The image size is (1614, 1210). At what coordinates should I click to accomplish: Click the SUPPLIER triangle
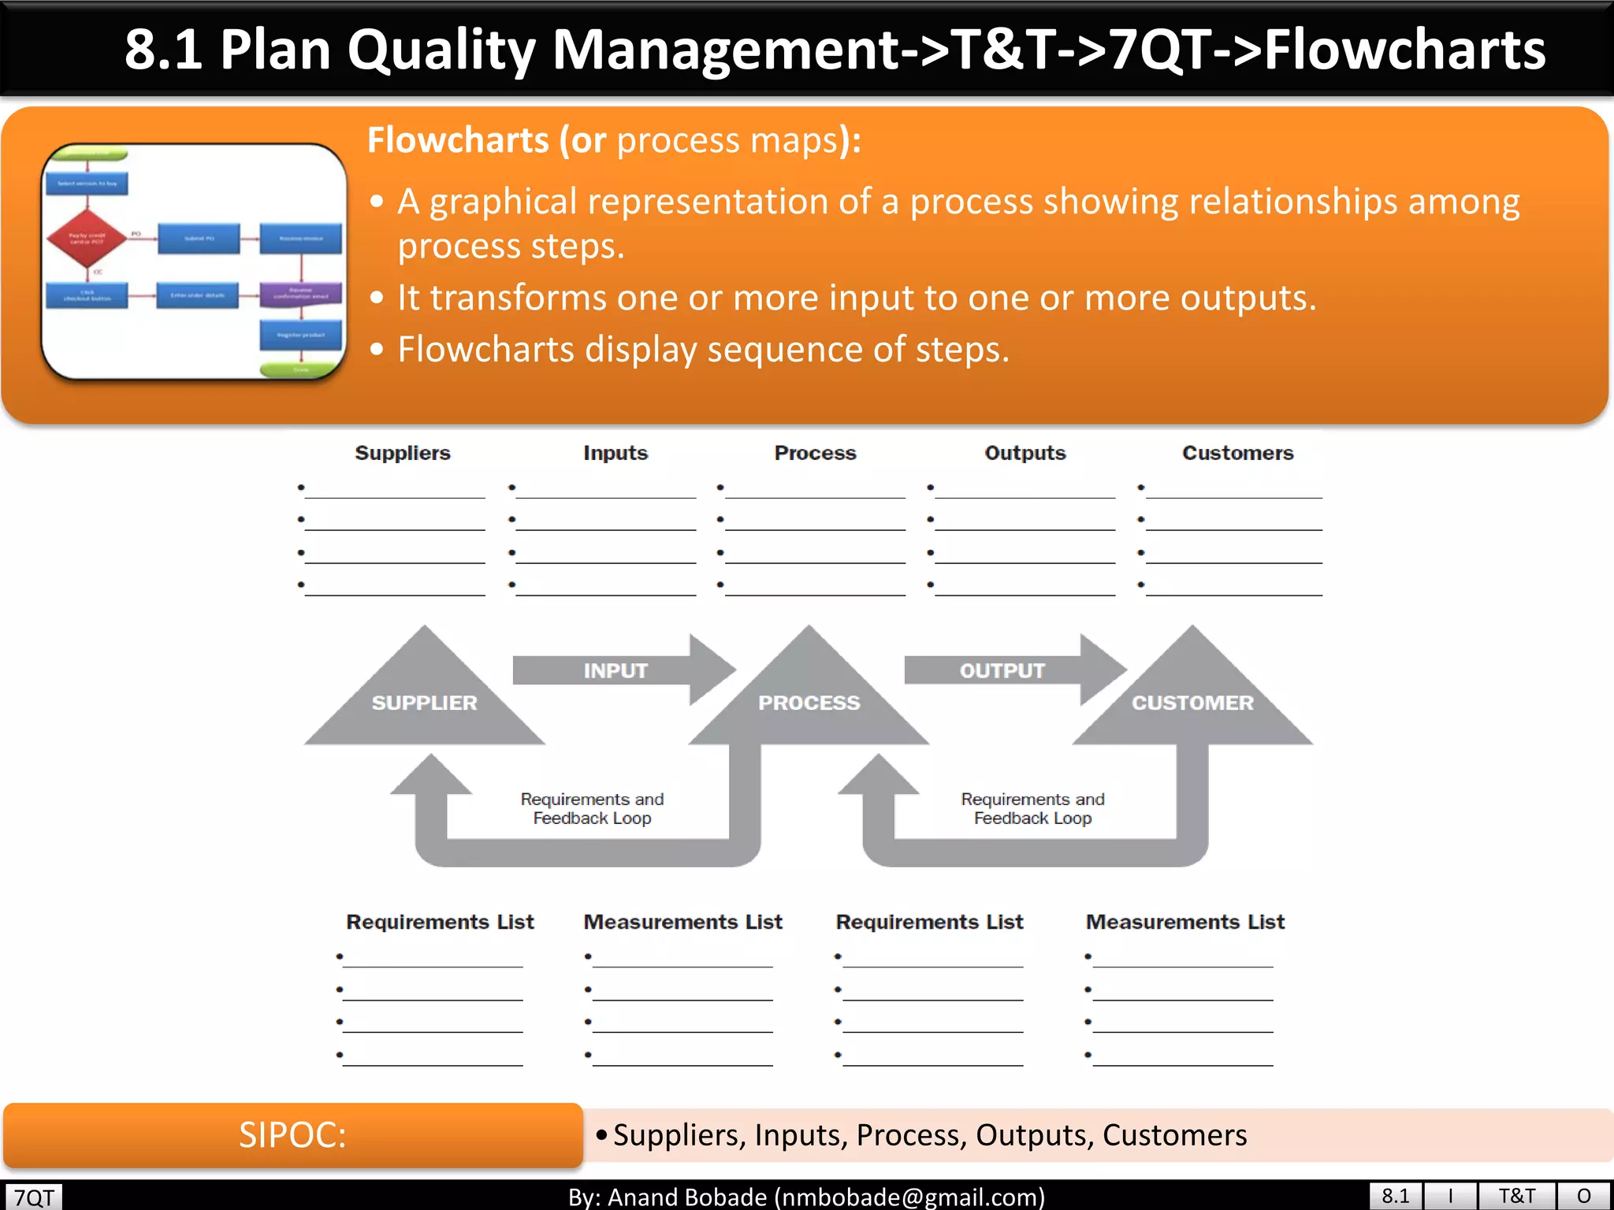[x=424, y=701]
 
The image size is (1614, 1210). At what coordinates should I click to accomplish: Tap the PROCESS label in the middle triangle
[x=809, y=702]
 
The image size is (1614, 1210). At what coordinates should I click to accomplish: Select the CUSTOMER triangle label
[x=1192, y=702]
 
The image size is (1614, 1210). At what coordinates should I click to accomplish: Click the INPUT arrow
[x=615, y=670]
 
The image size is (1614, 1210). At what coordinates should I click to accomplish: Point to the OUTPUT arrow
[x=1002, y=670]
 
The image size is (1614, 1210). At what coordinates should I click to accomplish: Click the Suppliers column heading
[x=402, y=453]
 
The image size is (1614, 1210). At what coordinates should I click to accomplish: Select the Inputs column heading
[x=615, y=453]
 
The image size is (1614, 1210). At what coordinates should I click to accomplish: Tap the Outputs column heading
[x=1025, y=453]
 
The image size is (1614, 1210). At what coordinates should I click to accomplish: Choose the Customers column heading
[x=1237, y=453]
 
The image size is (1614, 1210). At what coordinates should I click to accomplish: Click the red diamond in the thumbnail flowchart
[x=87, y=238]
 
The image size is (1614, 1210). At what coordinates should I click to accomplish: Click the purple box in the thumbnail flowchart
[x=300, y=294]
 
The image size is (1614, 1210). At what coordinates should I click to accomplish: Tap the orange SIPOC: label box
[x=292, y=1135]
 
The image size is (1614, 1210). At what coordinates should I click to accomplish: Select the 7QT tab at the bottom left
[x=34, y=1197]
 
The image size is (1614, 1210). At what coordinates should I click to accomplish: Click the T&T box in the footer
[x=1516, y=1196]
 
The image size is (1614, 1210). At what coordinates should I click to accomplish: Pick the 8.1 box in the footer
[x=1395, y=1196]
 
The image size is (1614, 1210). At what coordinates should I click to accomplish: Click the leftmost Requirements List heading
[x=440, y=922]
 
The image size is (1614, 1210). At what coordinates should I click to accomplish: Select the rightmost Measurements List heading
[x=1184, y=922]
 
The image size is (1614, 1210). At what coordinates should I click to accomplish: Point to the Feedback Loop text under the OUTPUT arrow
[x=1032, y=818]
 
